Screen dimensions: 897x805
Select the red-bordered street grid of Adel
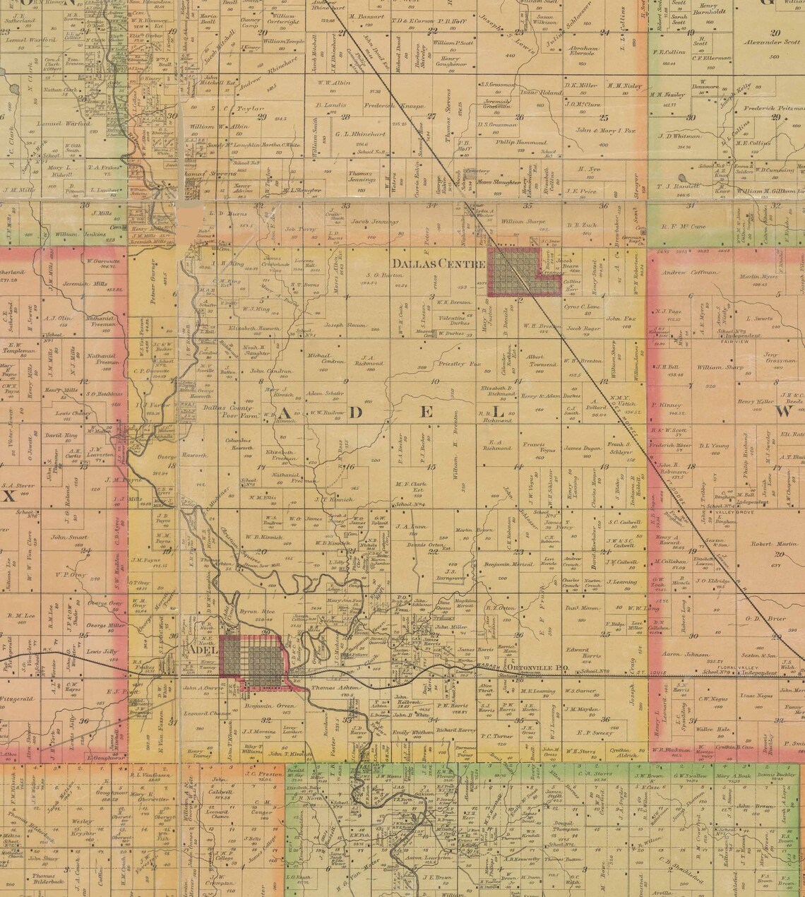coord(251,660)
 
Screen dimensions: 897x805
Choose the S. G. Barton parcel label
coord(383,275)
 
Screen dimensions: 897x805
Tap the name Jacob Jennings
coord(375,220)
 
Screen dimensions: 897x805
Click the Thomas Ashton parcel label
coord(331,685)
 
